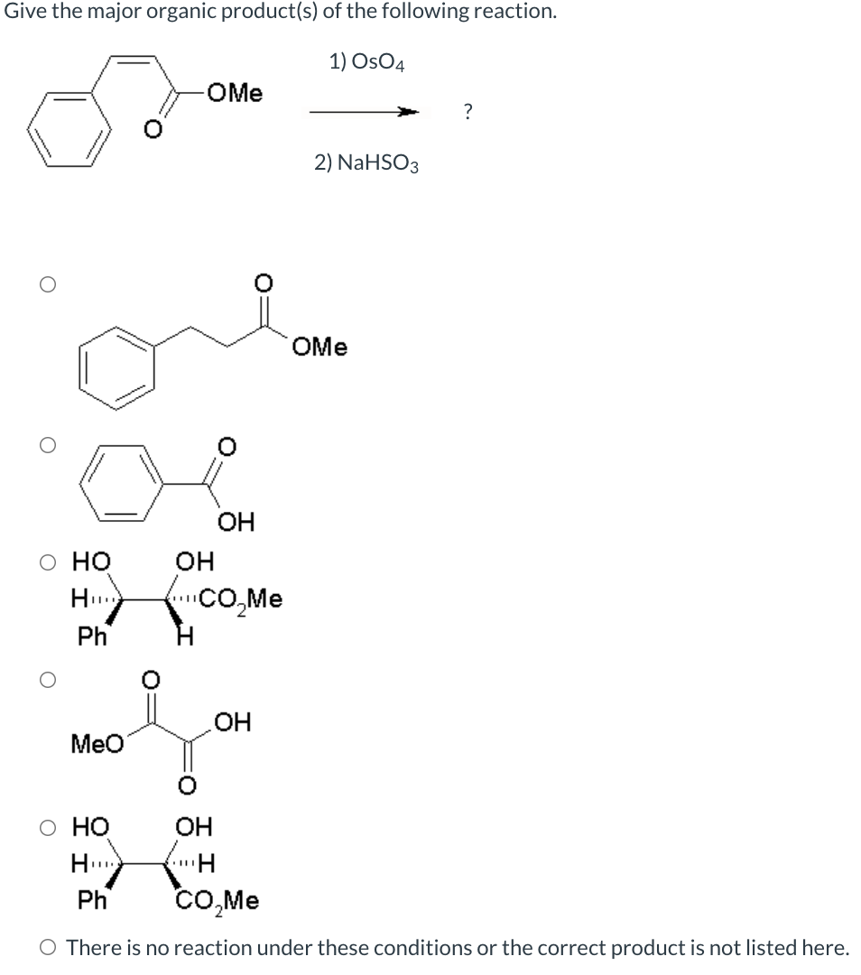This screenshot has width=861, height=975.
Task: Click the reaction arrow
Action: (365, 112)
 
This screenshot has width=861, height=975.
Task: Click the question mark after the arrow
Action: (466, 112)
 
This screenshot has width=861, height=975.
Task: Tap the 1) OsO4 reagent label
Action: (366, 62)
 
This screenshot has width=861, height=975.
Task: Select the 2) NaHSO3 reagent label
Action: (366, 162)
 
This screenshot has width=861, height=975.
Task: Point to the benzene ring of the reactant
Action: (69, 135)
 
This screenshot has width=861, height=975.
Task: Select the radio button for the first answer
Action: (47, 283)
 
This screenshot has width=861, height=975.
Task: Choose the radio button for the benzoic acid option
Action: (47, 445)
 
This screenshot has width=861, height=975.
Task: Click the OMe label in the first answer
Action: (319, 347)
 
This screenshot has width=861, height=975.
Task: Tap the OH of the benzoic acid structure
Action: (236, 521)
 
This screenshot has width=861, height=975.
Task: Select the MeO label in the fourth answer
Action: (97, 745)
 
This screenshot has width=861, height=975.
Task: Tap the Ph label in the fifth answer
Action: (91, 900)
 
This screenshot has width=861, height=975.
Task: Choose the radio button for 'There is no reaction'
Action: (47, 948)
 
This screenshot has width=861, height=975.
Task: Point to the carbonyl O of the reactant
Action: (153, 134)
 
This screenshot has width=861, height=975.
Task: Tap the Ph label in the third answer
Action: (91, 636)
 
